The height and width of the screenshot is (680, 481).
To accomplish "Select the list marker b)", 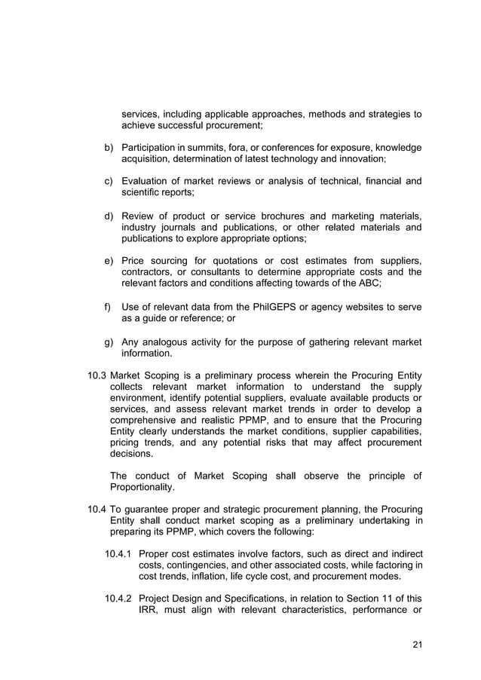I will click(x=109, y=148).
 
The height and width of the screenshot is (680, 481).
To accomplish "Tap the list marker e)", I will click(x=109, y=261).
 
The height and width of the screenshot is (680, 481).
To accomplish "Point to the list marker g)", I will click(x=109, y=342).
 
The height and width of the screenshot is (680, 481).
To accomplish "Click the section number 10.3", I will click(x=97, y=375).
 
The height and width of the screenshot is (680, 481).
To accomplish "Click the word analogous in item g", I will click(x=171, y=342).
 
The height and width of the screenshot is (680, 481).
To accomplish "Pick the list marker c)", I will click(x=109, y=182).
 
